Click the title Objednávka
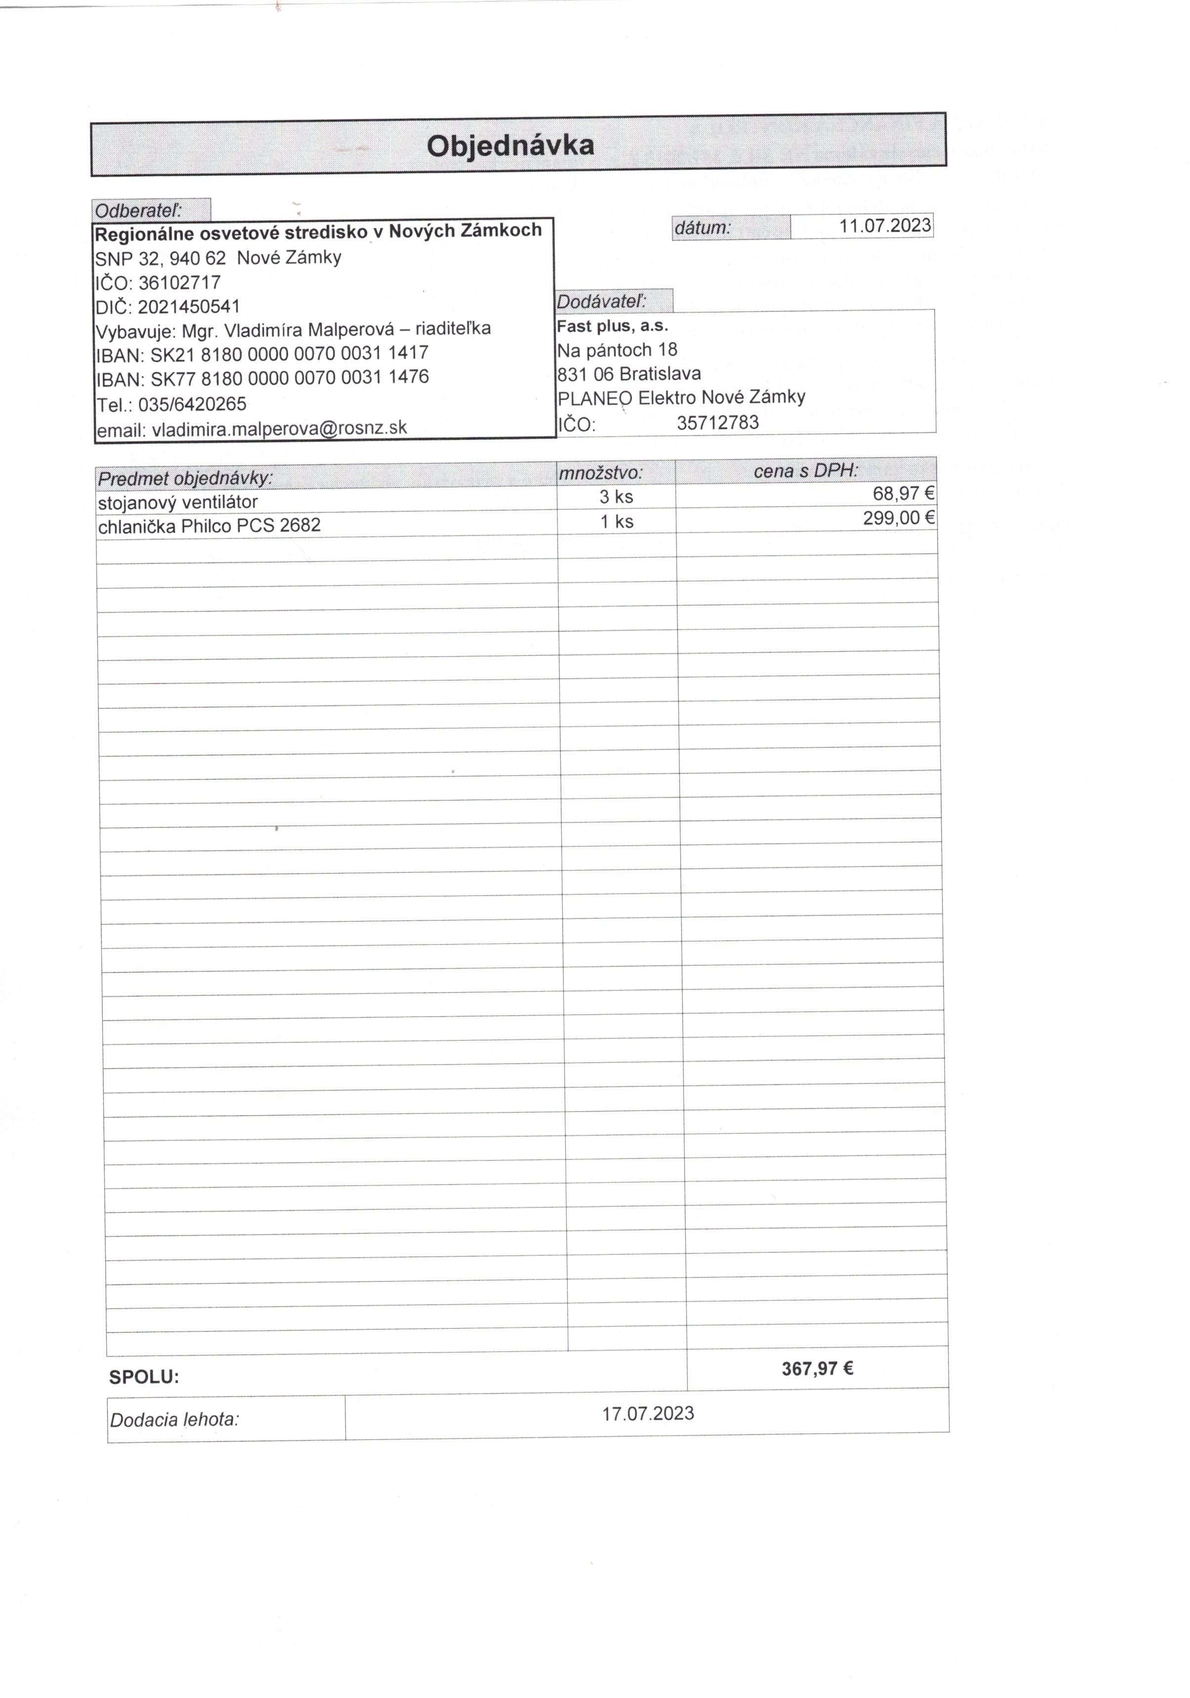pos(510,146)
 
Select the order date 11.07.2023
pos(885,226)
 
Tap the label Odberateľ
pos(138,211)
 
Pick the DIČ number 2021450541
pos(189,306)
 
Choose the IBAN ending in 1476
pos(288,378)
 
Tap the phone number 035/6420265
pos(192,404)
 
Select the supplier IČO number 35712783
pos(717,423)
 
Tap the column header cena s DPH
pos(805,470)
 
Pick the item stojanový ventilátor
pos(177,502)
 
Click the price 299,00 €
pos(899,518)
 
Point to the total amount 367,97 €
pos(817,1369)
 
